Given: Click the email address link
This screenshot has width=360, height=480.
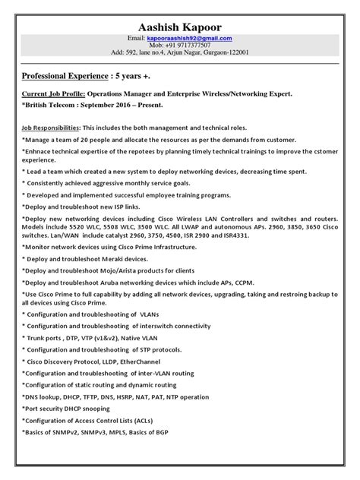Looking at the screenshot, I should click(190, 37).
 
